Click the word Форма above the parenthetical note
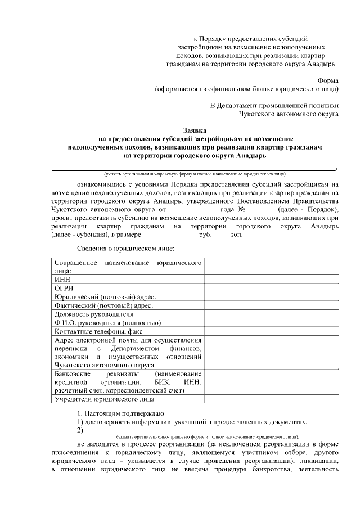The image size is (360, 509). coord(328,80)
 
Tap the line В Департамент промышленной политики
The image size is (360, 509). coord(274,105)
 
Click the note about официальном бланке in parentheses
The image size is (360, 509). coord(247,88)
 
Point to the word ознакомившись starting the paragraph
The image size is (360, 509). coord(98,183)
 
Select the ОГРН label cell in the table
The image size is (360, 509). coord(64,288)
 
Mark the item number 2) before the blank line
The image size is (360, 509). coord(80,431)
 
